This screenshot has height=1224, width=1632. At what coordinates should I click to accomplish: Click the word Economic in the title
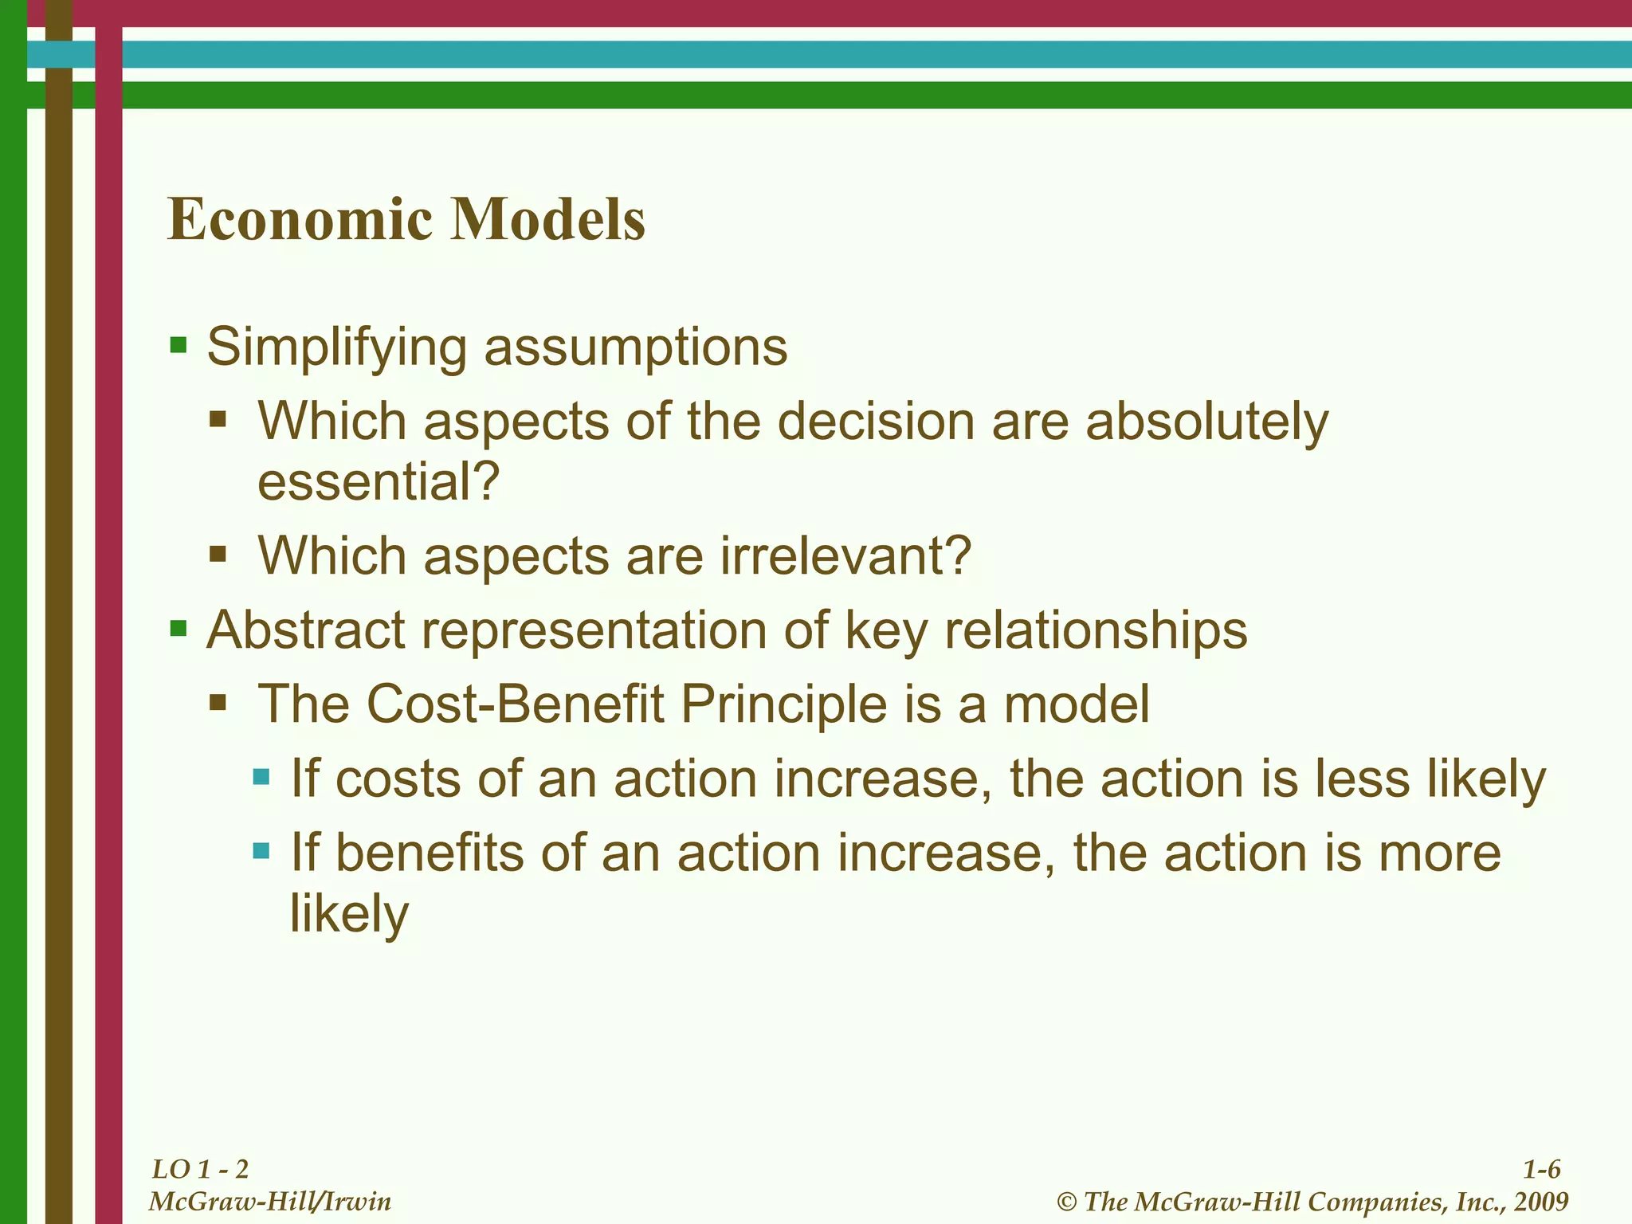(x=299, y=219)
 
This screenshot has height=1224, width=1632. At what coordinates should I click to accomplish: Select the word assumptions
(x=635, y=347)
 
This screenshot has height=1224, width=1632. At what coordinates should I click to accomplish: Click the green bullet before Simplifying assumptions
(x=178, y=346)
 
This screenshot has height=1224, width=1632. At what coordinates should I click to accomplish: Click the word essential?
(x=379, y=481)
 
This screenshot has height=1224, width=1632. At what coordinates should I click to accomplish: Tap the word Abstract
(x=306, y=630)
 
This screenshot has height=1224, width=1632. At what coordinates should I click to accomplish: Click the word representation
(x=594, y=631)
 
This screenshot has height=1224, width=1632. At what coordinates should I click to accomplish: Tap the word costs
(x=398, y=779)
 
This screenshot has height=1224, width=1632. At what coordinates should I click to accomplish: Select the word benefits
(x=430, y=853)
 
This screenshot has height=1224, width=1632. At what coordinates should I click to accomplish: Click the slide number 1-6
(x=1541, y=1169)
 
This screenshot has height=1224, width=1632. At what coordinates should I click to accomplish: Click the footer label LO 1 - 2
(x=200, y=1169)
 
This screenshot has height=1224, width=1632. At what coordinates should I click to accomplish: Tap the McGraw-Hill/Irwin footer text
(x=270, y=1201)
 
